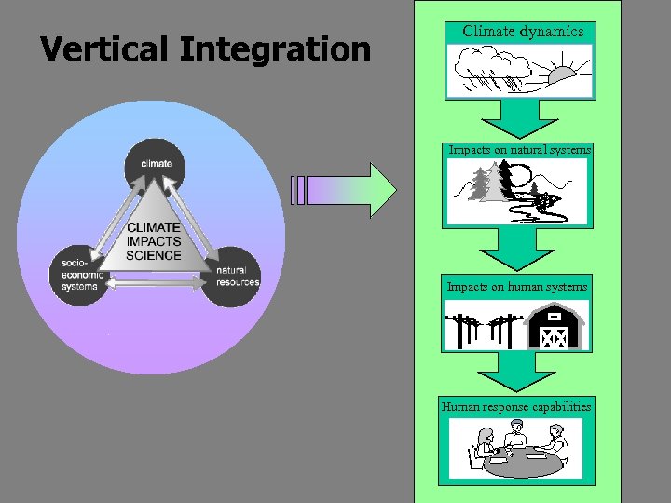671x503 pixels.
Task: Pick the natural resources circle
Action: coord(230,275)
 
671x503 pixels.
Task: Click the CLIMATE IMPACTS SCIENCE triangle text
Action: coord(155,241)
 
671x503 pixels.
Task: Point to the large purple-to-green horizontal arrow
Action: coord(345,190)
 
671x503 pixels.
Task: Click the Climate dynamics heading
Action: coord(523,32)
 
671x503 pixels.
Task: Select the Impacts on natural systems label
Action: coord(520,149)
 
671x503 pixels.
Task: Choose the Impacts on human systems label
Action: coord(517,287)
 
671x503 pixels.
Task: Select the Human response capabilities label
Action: coord(516,406)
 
